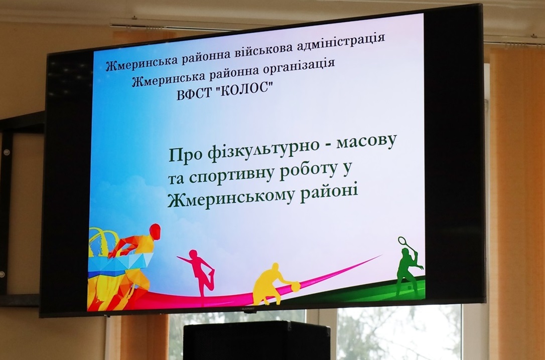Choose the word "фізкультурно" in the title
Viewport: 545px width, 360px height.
259,148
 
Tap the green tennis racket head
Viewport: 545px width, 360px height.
401,241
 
